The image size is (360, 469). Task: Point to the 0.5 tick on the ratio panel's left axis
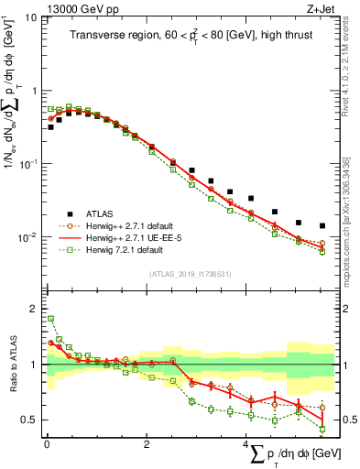point(30,420)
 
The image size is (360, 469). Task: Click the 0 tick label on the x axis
point(46,444)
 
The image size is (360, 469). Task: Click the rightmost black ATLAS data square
point(322,225)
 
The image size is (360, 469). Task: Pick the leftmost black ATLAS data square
point(49,126)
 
